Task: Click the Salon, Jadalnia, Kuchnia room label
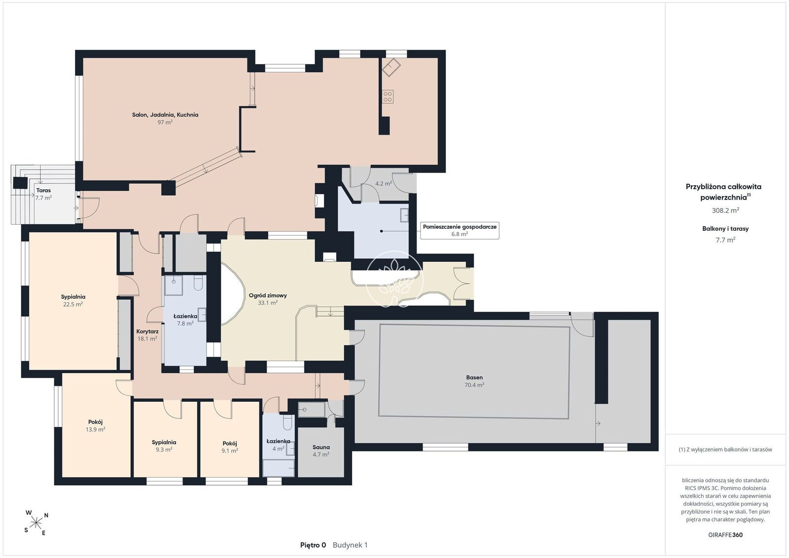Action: pyautogui.click(x=165, y=115)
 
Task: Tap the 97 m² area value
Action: pyautogui.click(x=165, y=122)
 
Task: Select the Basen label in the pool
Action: pyautogui.click(x=474, y=378)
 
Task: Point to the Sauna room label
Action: pyautogui.click(x=321, y=447)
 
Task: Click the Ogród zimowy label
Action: pyautogui.click(x=268, y=295)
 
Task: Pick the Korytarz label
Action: pyautogui.click(x=147, y=331)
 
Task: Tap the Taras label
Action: pyautogui.click(x=43, y=190)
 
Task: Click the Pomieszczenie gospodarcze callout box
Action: pyautogui.click(x=460, y=230)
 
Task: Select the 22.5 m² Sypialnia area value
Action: pyautogui.click(x=73, y=304)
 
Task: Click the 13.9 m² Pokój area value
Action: pyautogui.click(x=96, y=429)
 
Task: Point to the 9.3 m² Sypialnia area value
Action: pyautogui.click(x=164, y=450)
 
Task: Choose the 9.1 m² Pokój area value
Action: pyautogui.click(x=230, y=450)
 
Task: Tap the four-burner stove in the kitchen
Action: pyautogui.click(x=388, y=97)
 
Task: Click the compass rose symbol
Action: pyautogui.click(x=36, y=523)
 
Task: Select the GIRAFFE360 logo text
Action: pyautogui.click(x=725, y=535)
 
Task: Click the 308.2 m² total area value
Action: pyautogui.click(x=725, y=210)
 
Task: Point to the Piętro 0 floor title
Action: pyautogui.click(x=313, y=545)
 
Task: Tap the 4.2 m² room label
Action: pyautogui.click(x=383, y=183)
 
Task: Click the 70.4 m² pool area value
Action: pyautogui.click(x=474, y=385)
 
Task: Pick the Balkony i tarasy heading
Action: pyautogui.click(x=725, y=229)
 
